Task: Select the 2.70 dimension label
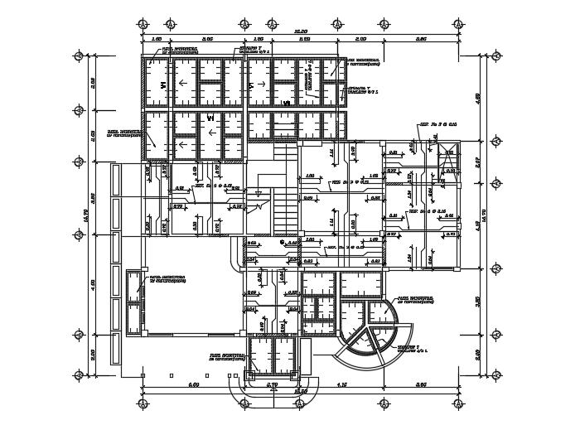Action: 270,384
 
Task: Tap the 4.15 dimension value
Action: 341,384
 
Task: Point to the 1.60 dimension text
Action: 156,38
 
